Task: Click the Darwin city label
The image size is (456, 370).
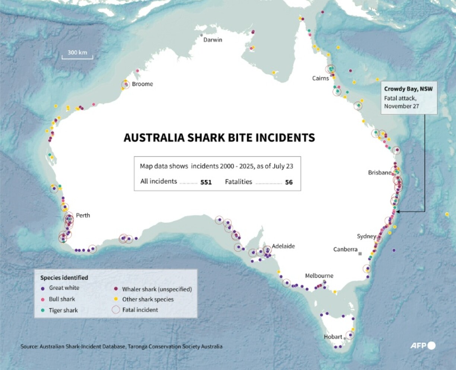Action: click(212, 39)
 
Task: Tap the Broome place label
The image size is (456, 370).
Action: click(142, 84)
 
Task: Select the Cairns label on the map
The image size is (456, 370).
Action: click(320, 78)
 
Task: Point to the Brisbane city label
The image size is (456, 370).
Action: click(379, 173)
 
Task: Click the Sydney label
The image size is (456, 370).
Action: click(366, 236)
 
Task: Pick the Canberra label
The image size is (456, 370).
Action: click(345, 249)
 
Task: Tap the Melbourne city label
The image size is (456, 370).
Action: click(319, 276)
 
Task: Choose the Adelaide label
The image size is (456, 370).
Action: click(283, 246)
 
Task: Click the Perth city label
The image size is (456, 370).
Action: click(83, 215)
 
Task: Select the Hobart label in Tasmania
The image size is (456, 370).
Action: click(333, 337)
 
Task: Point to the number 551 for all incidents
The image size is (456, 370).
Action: click(206, 182)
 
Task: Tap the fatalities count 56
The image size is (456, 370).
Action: click(289, 182)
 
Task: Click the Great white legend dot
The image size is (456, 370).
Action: click(43, 288)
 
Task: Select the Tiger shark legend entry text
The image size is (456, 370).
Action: click(63, 310)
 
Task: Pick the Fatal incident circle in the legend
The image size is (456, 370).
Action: click(116, 310)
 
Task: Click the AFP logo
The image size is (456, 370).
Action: click(422, 346)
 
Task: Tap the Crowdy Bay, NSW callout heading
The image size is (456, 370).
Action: click(408, 89)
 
